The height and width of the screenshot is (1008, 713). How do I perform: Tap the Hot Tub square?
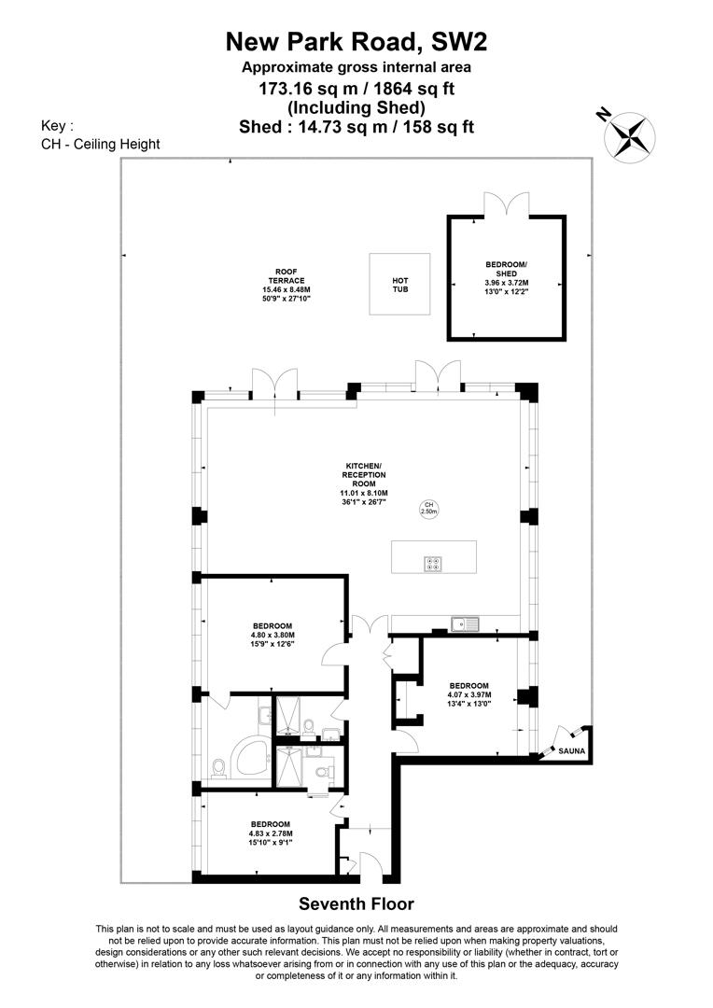point(399,285)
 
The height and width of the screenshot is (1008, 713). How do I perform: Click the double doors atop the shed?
point(507,204)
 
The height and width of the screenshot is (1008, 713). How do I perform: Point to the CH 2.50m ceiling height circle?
point(429,508)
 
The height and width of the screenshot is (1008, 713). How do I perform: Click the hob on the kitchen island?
point(434,563)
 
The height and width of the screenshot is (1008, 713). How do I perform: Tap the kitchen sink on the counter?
point(463,623)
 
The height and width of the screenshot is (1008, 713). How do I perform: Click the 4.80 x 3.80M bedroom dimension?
point(273,637)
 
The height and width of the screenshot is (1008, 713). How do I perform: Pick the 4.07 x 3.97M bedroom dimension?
point(468,694)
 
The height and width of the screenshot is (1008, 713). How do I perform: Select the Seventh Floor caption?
point(356,903)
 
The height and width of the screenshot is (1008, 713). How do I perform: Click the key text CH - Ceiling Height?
point(101,144)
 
